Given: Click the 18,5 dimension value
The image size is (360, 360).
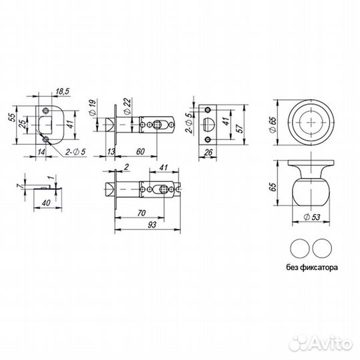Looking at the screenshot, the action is tap(63, 91).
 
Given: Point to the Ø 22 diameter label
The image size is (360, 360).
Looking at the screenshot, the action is tap(127, 106).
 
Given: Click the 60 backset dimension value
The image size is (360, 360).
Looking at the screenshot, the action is tap(140, 151).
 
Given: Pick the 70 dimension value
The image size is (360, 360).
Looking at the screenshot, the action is tap(141, 213).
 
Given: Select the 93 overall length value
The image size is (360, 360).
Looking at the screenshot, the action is tap(152, 225).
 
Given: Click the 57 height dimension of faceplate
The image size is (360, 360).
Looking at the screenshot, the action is tap(239, 129).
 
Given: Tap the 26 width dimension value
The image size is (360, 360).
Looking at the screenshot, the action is tap(208, 152).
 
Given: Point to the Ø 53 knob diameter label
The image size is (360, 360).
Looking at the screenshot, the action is tap(311, 217).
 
